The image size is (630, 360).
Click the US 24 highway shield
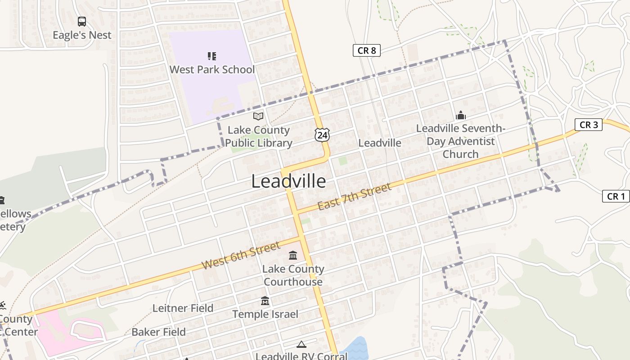(x=322, y=135)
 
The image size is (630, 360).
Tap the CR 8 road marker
(x=366, y=50)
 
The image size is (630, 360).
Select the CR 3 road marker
(x=588, y=125)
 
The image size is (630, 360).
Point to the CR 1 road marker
(x=616, y=196)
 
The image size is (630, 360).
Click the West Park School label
(x=212, y=70)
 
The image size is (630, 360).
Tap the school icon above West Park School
(x=212, y=56)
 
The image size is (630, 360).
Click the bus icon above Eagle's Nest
(x=82, y=21)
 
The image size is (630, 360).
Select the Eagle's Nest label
(x=82, y=35)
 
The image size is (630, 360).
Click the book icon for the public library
(x=258, y=117)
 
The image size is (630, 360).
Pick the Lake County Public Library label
(x=259, y=137)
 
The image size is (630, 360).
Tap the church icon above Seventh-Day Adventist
(x=460, y=115)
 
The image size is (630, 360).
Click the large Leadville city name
(x=288, y=181)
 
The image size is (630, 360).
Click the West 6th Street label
(x=241, y=256)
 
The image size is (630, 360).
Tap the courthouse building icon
(x=293, y=256)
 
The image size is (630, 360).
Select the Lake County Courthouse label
(x=293, y=275)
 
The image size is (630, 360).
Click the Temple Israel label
(x=265, y=314)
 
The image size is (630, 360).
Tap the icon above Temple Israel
(x=265, y=301)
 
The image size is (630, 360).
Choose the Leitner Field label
(x=183, y=308)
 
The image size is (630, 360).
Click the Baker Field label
(x=158, y=332)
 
